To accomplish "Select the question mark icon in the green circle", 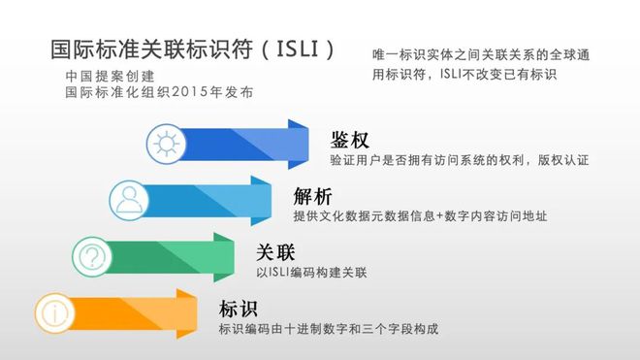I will [x=93, y=256].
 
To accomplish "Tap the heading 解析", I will [x=312, y=195].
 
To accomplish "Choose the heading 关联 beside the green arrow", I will [x=275, y=252].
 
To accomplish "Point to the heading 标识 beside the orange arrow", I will [x=239, y=310].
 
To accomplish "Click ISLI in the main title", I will [x=303, y=49].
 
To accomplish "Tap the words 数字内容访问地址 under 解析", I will [x=494, y=215].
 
